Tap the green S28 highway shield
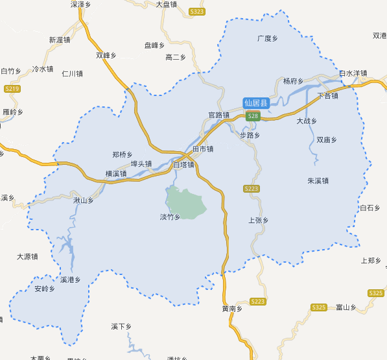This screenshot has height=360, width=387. pos(253,116)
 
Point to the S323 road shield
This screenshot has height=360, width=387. pos(198,12)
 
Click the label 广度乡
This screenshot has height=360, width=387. pos(267,39)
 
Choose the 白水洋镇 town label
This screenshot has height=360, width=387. pos(353,73)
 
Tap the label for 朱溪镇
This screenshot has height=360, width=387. pos(318,181)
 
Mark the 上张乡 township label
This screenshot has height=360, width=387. pos(258,221)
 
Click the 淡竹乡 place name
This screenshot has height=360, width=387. pos(170,217)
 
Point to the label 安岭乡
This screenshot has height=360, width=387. pos(45,288)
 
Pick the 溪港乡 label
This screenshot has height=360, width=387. pos(70,280)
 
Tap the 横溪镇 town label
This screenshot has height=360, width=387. pos(116,174)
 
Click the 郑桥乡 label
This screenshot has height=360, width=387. pos(123,154)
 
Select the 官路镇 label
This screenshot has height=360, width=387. pos(219,115)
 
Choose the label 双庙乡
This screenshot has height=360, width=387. pos(327,139)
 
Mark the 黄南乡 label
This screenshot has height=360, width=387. pos(231,309)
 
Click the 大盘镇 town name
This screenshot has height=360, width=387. pos(167,4)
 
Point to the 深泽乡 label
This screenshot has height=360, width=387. pos(80,4)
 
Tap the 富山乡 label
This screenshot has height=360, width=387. pos(347,307)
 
